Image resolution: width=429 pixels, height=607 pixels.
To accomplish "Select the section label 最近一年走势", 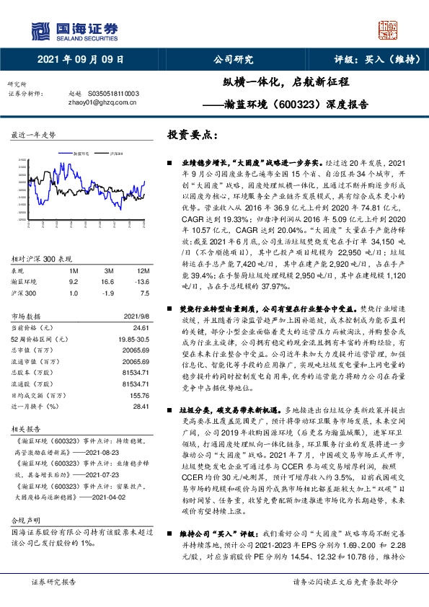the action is pyautogui.click(x=33, y=135).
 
